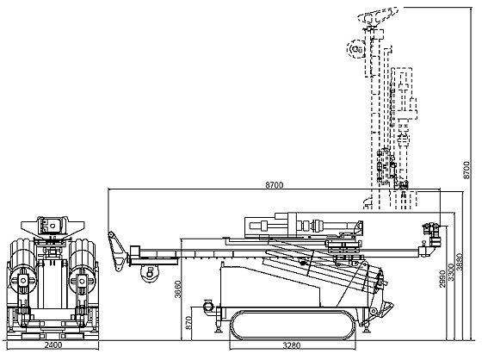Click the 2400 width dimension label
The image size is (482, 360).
pos(53,344)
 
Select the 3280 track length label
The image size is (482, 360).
pos(292,345)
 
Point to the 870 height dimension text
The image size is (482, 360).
pos(189,323)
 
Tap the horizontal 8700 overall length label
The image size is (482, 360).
pos(275,185)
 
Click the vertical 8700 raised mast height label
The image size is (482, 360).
pos(467,170)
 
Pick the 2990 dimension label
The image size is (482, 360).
pos(442,279)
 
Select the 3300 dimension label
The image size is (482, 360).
pos(451,271)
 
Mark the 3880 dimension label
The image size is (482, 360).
pos(460,262)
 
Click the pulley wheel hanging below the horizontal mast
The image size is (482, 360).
pos(150,273)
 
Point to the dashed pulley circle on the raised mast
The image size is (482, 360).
pos(355,49)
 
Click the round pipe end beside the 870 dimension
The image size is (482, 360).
pos(208,307)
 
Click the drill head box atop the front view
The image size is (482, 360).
pos(53,226)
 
